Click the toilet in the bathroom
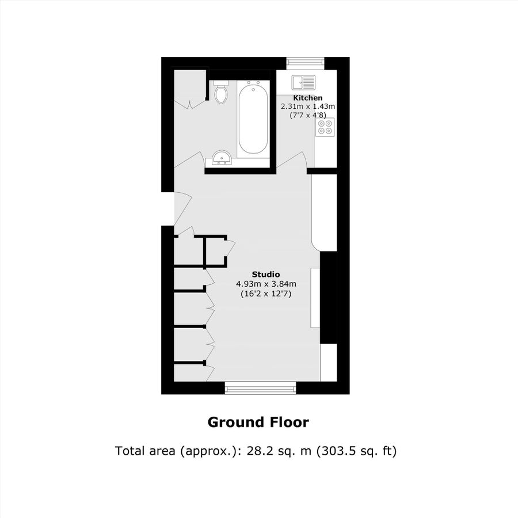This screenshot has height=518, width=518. [x=220, y=94]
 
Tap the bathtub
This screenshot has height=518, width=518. [x=253, y=118]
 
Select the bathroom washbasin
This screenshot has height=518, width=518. [x=222, y=157]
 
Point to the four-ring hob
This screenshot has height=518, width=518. [x=325, y=127]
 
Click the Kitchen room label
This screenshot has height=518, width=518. [x=308, y=98]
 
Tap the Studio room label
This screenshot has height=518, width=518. [x=266, y=274]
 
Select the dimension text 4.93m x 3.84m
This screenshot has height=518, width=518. [x=266, y=284]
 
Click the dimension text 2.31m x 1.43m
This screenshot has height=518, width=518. [x=308, y=106]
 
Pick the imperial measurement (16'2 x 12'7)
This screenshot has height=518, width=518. [x=266, y=294]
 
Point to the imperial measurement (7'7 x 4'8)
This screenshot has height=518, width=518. [x=308, y=115]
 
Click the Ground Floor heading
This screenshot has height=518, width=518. [x=258, y=422]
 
